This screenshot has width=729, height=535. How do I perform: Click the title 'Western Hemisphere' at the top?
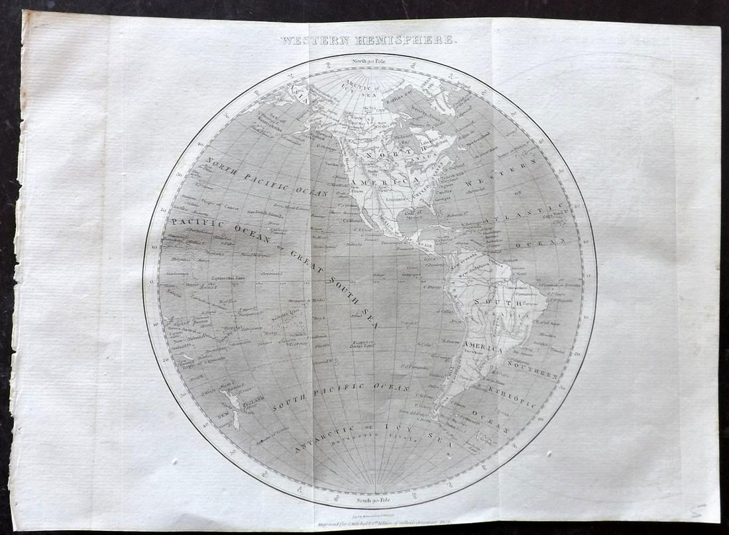tap(368, 40)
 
